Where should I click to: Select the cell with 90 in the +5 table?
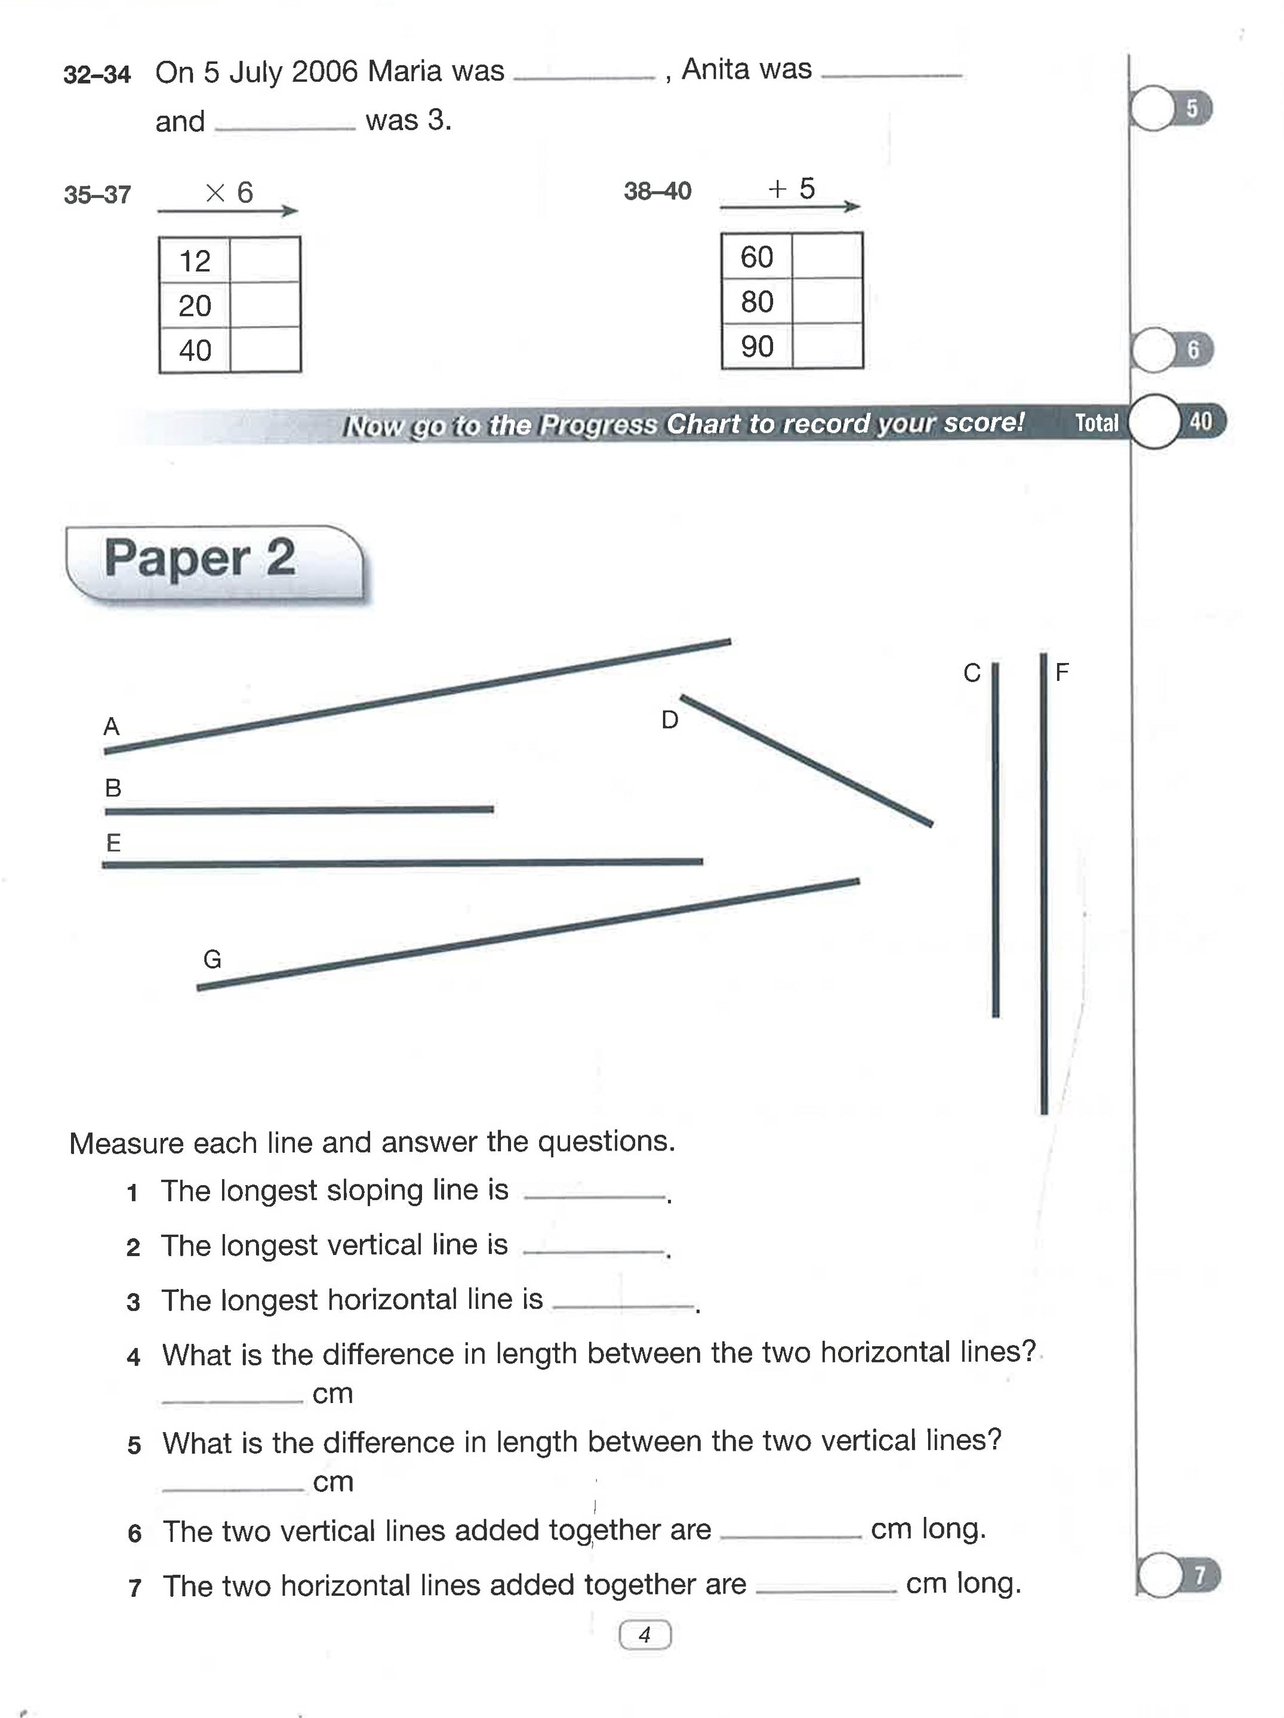756,346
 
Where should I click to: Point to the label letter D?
670,720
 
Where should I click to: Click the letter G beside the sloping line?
212,959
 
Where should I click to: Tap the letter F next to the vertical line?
1062,672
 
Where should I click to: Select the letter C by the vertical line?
971,673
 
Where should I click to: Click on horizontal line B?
299,810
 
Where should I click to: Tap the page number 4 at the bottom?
645,1635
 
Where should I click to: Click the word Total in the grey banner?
1096,422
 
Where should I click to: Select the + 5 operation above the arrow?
791,189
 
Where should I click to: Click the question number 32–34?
97,75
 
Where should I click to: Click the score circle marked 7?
1161,1576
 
